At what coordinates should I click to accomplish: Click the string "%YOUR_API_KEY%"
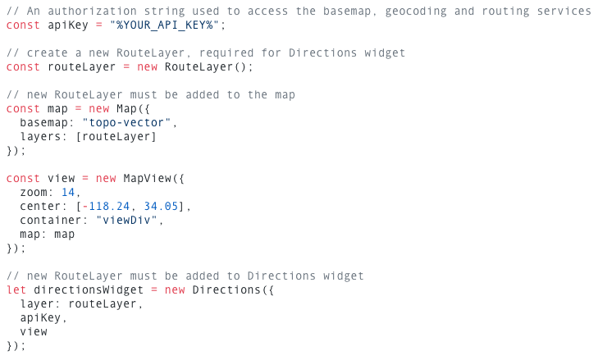click(x=164, y=25)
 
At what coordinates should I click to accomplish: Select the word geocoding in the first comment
click(x=416, y=11)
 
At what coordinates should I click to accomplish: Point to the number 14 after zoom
click(x=68, y=192)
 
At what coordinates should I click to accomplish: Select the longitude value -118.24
click(x=106, y=207)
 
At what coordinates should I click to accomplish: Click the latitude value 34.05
click(x=161, y=207)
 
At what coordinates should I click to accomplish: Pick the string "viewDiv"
click(x=126, y=221)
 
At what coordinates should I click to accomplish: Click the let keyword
click(x=16, y=289)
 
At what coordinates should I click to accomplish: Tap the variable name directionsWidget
click(x=89, y=290)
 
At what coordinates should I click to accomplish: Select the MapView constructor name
click(x=147, y=179)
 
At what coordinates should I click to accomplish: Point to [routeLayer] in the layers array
click(x=116, y=137)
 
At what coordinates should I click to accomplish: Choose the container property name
click(x=51, y=221)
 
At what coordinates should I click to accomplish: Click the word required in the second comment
click(x=226, y=53)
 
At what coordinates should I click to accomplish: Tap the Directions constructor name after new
click(x=226, y=289)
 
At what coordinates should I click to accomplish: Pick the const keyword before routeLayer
click(x=23, y=67)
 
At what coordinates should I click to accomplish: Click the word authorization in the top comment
click(x=93, y=11)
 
